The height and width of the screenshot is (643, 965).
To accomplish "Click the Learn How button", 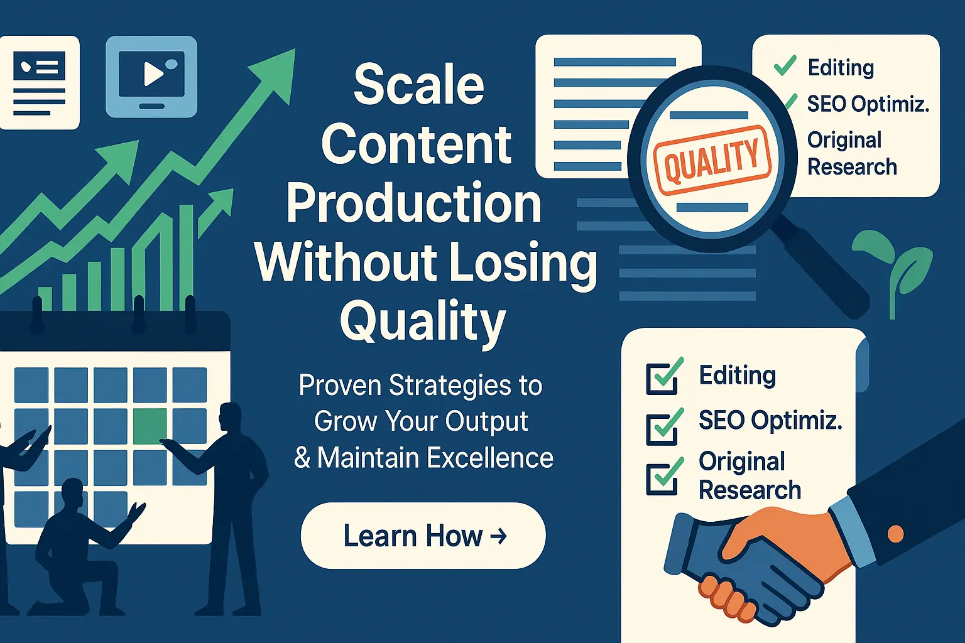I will pyautogui.click(x=423, y=536).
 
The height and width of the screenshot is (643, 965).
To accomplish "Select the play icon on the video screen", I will pyautogui.click(x=152, y=73).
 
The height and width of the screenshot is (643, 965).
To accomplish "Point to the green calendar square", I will pyautogui.click(x=150, y=424).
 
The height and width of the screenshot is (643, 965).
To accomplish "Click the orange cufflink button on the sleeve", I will pyautogui.click(x=895, y=534).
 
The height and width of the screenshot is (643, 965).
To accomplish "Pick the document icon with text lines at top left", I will pyautogui.click(x=39, y=82).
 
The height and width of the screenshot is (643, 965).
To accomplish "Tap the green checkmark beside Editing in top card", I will pyautogui.click(x=785, y=65).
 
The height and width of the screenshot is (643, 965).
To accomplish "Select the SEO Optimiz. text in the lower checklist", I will pyautogui.click(x=770, y=419).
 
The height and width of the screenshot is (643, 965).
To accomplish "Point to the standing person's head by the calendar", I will pyautogui.click(x=231, y=418).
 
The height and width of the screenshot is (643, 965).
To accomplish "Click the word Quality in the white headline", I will pyautogui.click(x=423, y=321).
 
